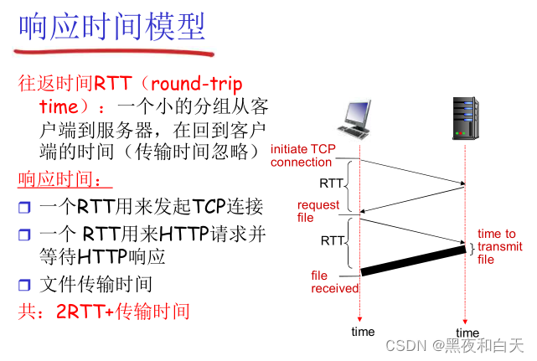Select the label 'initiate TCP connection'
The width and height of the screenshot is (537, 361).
pos(302,156)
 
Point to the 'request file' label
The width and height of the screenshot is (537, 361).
pos(318,210)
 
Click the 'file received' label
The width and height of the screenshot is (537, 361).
pos(334,281)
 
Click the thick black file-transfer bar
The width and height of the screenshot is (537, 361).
pos(413,258)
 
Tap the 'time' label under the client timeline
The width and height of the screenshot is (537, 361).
pos(363,332)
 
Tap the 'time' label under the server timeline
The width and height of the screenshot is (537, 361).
pos(467,333)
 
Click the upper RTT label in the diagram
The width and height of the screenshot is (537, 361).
pos(331,183)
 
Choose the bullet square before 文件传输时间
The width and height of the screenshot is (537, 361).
pos(24,285)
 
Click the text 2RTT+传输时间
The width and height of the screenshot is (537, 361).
pos(122,312)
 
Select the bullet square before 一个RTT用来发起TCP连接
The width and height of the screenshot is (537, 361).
pos(24,208)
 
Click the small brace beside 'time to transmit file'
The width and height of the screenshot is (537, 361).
pos(472,248)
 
